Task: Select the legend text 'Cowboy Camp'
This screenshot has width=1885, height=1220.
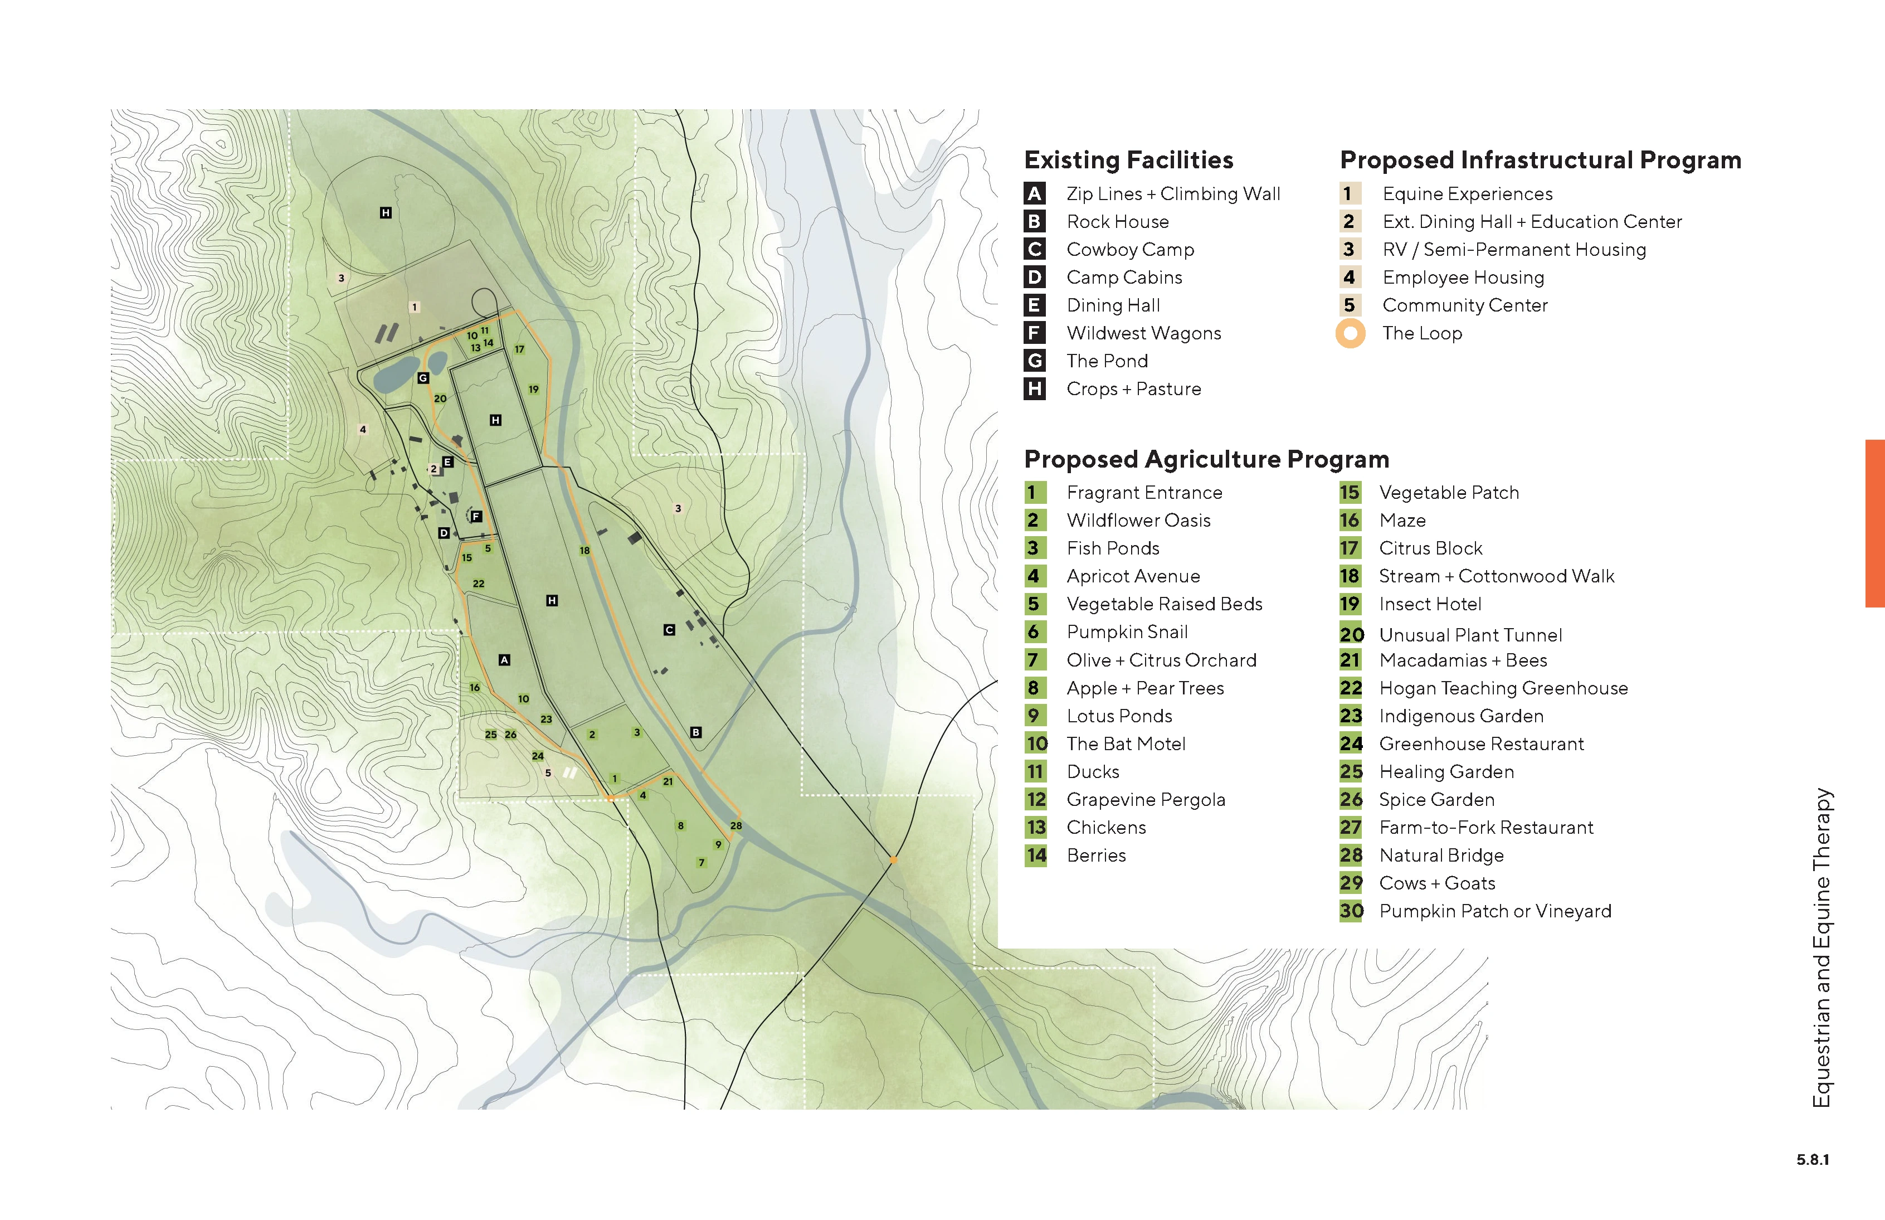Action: click(1129, 250)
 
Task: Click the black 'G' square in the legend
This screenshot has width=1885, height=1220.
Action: click(1034, 361)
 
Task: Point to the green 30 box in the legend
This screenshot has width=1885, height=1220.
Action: click(1351, 911)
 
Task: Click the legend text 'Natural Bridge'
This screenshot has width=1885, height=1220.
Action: click(1441, 856)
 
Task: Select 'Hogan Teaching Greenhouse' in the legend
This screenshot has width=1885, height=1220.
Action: click(1502, 688)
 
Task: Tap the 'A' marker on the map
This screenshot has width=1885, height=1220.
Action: click(504, 660)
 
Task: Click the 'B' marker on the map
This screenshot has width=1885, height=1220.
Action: click(695, 733)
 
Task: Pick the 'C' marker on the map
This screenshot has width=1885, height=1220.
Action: click(669, 630)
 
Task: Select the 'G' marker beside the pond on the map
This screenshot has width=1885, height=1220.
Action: click(423, 378)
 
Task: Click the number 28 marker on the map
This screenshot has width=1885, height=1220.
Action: click(736, 825)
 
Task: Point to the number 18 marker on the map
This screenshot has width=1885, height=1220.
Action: click(584, 551)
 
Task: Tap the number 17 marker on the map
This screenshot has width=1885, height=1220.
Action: click(519, 348)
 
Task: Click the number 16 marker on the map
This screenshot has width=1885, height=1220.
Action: click(474, 688)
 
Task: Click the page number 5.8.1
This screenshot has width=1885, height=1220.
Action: click(1812, 1160)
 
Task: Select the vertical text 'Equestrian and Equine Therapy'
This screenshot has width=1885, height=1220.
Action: click(1821, 947)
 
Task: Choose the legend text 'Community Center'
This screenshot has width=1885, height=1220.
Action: click(1464, 306)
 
